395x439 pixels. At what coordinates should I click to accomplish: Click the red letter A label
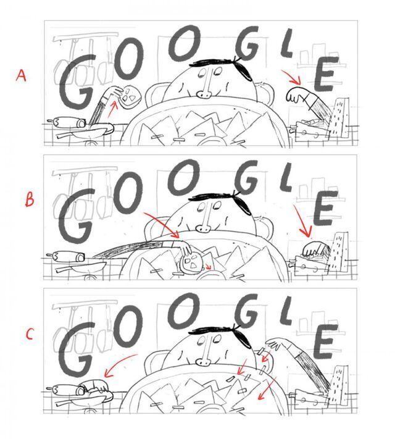[21, 75]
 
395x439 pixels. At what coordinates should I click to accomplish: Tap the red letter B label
[30, 200]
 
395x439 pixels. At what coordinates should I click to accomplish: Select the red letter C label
[30, 334]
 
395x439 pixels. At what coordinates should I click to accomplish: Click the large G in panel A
[77, 82]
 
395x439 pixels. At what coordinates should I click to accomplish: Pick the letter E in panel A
[325, 73]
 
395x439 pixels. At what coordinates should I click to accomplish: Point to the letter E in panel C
[324, 341]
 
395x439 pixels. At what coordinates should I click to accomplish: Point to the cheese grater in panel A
[339, 117]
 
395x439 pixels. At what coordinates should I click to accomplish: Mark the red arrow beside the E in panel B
[303, 221]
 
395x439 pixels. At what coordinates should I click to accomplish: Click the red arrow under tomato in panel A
[112, 109]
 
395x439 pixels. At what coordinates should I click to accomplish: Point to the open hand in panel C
[272, 344]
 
